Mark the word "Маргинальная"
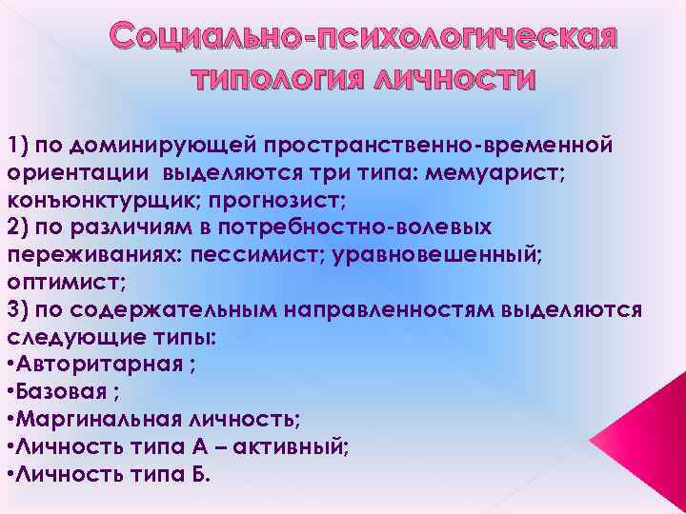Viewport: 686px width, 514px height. (103, 420)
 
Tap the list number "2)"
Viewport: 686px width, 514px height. (17, 228)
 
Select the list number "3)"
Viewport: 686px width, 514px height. (17, 310)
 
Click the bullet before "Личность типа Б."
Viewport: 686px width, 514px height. (10, 474)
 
